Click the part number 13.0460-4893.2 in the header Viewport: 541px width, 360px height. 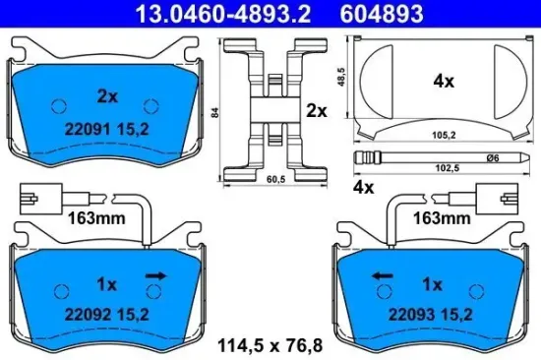[x=186, y=12]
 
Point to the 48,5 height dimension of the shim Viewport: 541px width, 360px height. [x=341, y=77]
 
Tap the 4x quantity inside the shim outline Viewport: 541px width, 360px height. [x=445, y=83]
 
